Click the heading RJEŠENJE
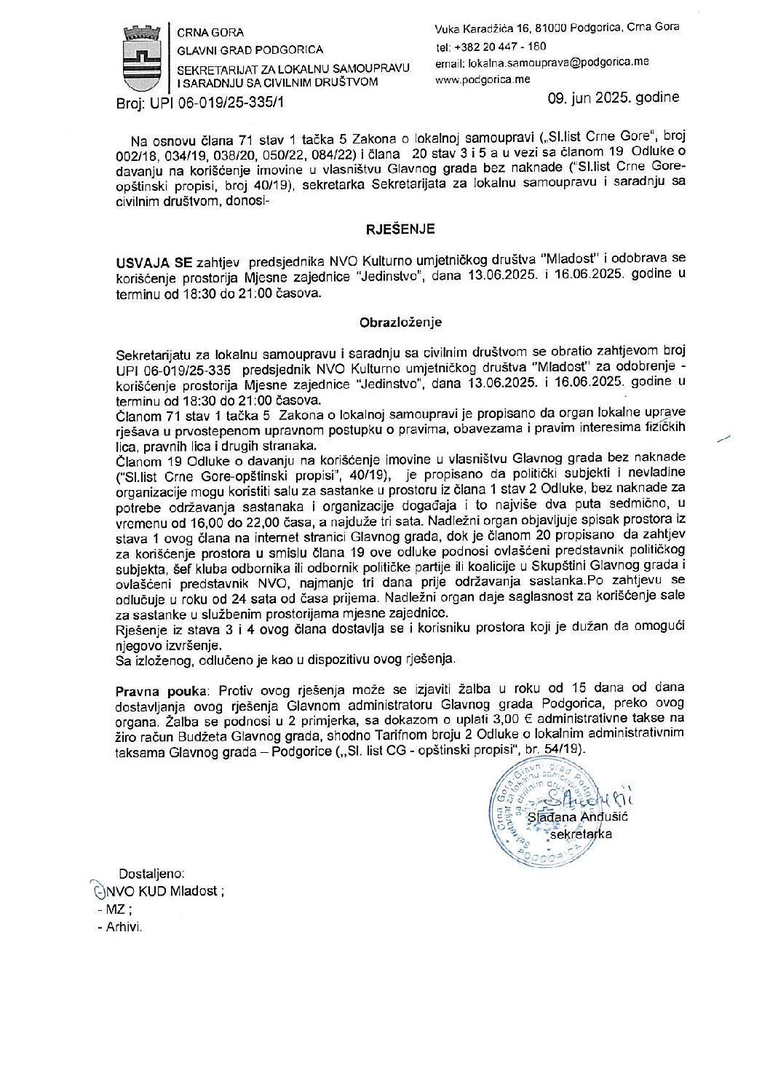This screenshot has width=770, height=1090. click(x=400, y=229)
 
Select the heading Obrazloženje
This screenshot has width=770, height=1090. click(x=400, y=321)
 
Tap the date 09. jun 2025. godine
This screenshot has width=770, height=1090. click(x=616, y=98)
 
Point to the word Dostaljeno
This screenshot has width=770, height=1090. click(x=151, y=872)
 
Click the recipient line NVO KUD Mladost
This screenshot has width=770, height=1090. click(x=161, y=890)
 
